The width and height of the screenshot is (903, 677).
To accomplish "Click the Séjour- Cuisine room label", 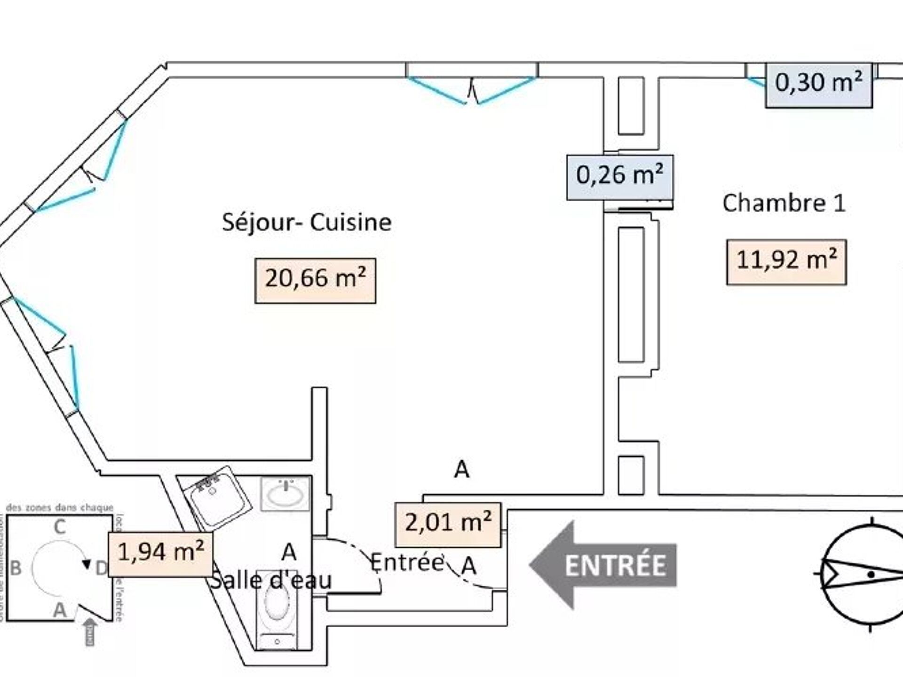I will [x=307, y=222].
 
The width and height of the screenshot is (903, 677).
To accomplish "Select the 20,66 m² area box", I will [x=315, y=280].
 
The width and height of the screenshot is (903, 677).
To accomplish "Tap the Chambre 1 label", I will [x=784, y=204].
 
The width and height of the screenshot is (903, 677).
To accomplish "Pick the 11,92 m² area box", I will [x=786, y=262].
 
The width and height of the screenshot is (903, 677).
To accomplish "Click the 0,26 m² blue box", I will [x=619, y=177].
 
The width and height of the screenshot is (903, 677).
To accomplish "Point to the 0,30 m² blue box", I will [x=818, y=85].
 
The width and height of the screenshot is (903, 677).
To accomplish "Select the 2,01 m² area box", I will [x=448, y=524].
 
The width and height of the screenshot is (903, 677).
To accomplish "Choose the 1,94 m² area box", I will [x=160, y=554].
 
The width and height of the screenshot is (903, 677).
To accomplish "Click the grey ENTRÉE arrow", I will [x=603, y=565].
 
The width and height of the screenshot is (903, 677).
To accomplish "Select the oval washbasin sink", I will [x=285, y=494].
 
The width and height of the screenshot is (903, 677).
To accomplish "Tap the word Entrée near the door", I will [x=407, y=562].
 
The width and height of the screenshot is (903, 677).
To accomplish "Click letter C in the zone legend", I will [x=59, y=527].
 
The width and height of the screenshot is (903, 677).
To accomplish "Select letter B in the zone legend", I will [x=16, y=568].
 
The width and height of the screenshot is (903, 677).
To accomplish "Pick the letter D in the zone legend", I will [x=101, y=568].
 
